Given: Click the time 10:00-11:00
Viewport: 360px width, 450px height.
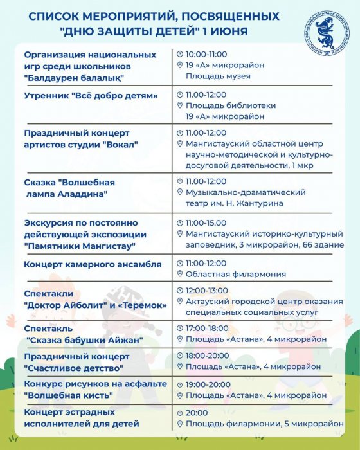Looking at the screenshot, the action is (206, 54).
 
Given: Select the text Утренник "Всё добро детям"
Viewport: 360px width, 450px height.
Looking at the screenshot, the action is (91, 96).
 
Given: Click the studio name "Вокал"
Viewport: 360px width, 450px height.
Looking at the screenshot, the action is (123, 144).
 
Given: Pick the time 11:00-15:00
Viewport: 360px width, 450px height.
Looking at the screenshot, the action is (206, 222).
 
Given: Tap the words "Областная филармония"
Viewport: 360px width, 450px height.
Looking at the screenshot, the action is (235, 274).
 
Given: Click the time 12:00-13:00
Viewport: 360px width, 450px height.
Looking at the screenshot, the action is (206, 291).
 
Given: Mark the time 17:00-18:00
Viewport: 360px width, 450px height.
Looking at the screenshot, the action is (206, 327).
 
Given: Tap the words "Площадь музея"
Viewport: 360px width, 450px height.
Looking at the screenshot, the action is (218, 76).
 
